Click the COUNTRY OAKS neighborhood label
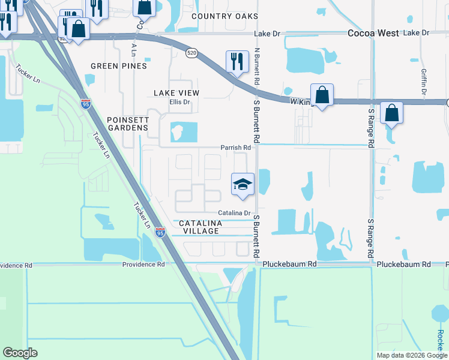pyautogui.click(x=224, y=16)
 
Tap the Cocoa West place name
pyautogui.click(x=373, y=34)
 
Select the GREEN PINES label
pyautogui.click(x=118, y=66)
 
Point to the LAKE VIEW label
pyautogui.click(x=176, y=93)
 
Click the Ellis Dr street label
pyautogui.click(x=179, y=102)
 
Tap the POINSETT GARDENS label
pyautogui.click(x=127, y=124)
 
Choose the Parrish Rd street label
pyautogui.click(x=235, y=148)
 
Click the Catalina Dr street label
pyautogui.click(x=234, y=213)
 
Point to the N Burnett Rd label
pyautogui.click(x=257, y=66)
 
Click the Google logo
pyautogui.click(x=20, y=352)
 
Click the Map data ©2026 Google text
pyautogui.click(x=411, y=355)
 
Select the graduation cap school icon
pyautogui.click(x=243, y=184)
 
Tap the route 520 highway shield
pyautogui.click(x=191, y=53)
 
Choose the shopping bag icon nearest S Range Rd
pyautogui.click(x=391, y=113)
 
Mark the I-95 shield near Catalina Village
pyautogui.click(x=160, y=232)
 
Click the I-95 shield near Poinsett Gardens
pyautogui.click(x=86, y=104)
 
